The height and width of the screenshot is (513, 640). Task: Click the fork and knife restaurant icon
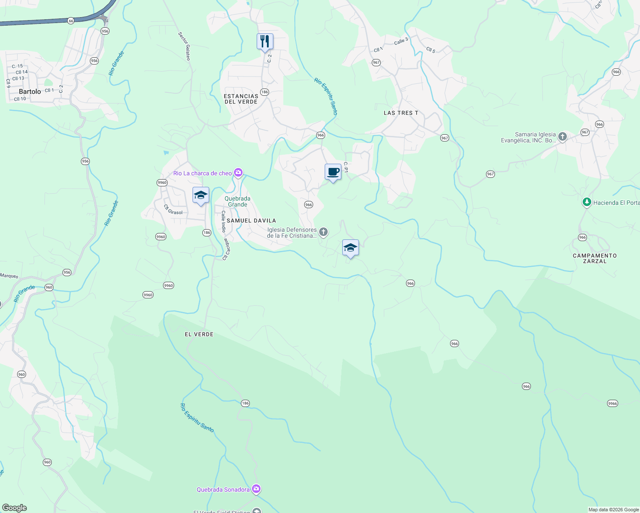pos(265,41)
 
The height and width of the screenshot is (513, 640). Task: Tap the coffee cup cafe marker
pos(333,172)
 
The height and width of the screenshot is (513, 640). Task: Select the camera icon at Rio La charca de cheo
pos(238,173)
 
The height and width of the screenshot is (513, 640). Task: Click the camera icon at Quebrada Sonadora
pos(256,489)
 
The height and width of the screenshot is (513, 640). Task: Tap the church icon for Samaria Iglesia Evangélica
pos(563,137)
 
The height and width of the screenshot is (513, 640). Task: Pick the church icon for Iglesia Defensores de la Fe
pos(323,233)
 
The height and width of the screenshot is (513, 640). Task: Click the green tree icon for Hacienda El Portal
pos(587,202)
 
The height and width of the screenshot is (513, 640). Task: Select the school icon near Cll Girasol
pos(201,195)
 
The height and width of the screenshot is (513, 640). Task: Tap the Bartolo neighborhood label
pos(30,91)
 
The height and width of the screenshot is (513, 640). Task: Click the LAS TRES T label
pos(401,113)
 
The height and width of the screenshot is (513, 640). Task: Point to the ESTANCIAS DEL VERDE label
pos(241,99)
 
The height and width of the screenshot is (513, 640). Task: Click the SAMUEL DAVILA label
pos(251,221)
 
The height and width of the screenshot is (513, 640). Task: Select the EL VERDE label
pos(199,334)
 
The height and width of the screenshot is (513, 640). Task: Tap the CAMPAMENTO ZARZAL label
pos(595,258)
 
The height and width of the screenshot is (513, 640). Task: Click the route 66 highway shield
pos(71,21)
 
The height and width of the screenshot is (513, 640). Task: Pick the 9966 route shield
pos(613,403)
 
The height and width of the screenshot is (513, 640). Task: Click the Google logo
pos(15,508)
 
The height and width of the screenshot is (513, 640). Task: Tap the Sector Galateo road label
pos(184,46)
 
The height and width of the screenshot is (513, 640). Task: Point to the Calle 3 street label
pos(401,41)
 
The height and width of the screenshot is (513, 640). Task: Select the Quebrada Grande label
pos(237,201)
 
